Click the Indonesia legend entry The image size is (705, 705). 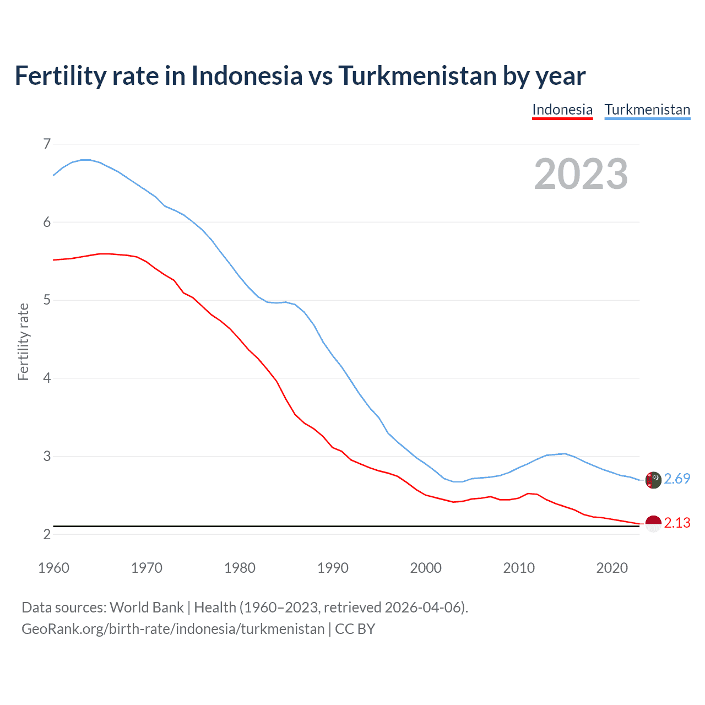coord(562,110)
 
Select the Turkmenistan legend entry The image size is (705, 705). coord(647,110)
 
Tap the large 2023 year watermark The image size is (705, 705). coord(581,174)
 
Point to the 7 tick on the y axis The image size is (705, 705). coord(47,144)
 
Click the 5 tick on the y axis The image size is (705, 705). coord(47,300)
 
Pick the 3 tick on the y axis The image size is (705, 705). coord(47,456)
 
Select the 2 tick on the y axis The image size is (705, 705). coord(47,534)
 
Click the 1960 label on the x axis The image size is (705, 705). coord(53,568)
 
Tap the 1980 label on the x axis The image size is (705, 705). coord(240,568)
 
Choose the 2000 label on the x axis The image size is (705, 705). coord(426,568)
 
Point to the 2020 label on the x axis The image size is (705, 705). coord(612,568)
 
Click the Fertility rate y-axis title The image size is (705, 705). coord(23,341)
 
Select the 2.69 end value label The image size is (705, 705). coord(677,479)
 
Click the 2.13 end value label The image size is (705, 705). coord(677,523)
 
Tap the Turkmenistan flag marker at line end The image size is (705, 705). coord(653,480)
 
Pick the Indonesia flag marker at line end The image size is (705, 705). coord(653,523)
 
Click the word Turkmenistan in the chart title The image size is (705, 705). coord(417,76)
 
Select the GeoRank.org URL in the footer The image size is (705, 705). coord(173,629)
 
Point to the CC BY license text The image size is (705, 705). coord(355,629)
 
